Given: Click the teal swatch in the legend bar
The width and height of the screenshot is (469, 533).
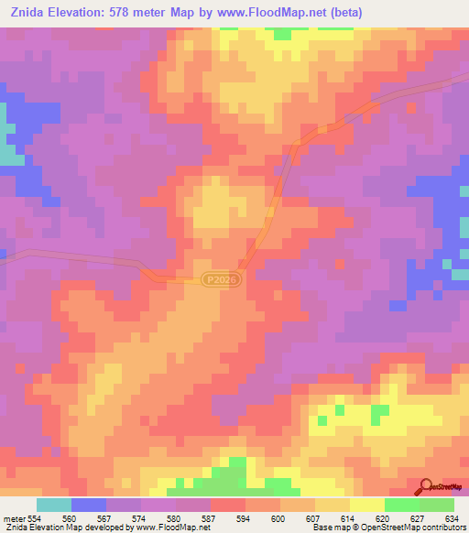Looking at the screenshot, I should [54, 505].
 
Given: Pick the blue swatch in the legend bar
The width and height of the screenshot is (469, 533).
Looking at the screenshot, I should [89, 505].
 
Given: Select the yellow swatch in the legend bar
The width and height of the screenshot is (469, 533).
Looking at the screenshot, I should [367, 505].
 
